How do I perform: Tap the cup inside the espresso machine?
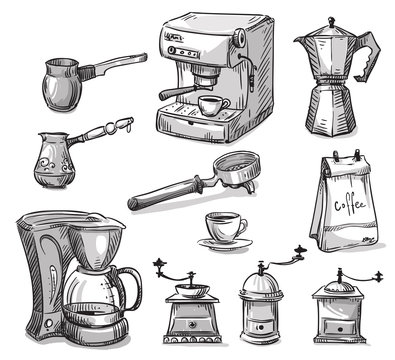click(212, 106)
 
